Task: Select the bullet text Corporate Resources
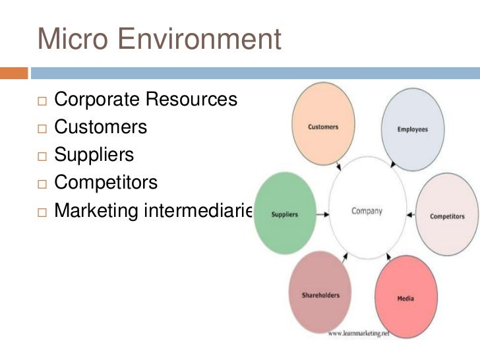pos(145,100)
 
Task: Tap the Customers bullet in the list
pos(100,127)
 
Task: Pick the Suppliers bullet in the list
pos(94,155)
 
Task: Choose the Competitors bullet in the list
pos(106,183)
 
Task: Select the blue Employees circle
pos(413,128)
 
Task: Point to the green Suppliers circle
pos(284,214)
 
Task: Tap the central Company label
pos(366,212)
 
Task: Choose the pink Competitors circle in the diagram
pos(447,216)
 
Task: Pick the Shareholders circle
pos(320,295)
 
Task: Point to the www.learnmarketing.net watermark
pos(359,333)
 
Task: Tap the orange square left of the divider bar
pos(14,72)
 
